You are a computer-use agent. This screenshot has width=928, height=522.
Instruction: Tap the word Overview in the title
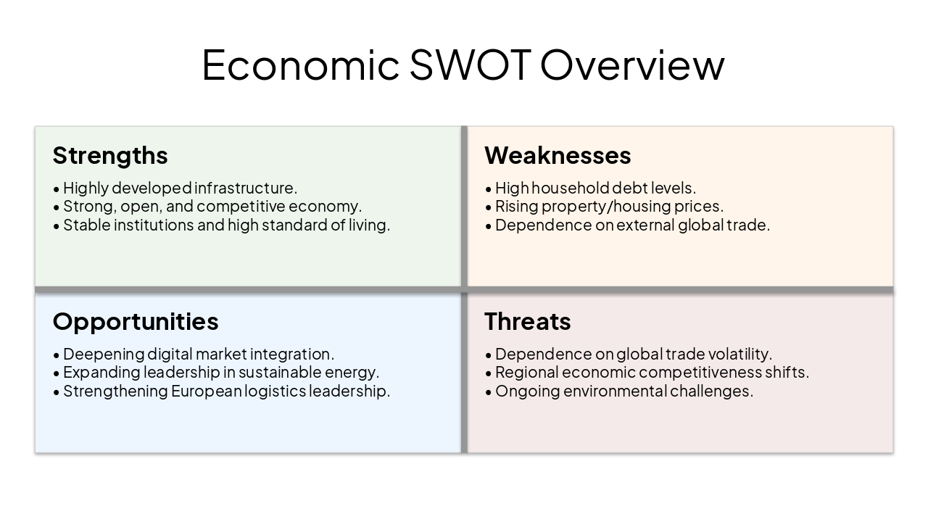[x=632, y=65]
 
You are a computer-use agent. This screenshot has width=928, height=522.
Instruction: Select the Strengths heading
[x=110, y=155]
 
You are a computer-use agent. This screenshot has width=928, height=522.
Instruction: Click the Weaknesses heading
[x=558, y=155]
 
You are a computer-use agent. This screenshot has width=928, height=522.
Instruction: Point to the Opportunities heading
[x=136, y=321]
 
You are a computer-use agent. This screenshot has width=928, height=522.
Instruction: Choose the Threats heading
[x=528, y=321]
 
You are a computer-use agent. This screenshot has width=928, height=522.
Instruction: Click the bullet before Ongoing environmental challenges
[x=489, y=392]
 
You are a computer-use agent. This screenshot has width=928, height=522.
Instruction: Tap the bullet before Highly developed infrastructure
[x=57, y=189]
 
